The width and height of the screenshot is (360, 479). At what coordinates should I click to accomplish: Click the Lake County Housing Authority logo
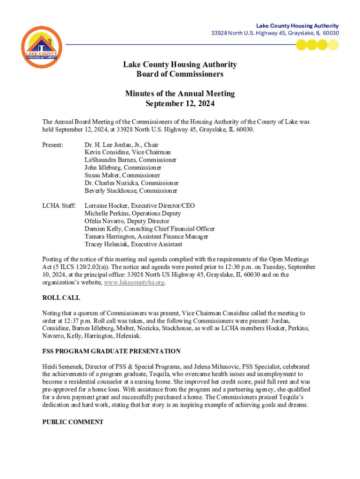(42, 47)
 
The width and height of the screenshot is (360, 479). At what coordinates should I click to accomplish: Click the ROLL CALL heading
(61, 298)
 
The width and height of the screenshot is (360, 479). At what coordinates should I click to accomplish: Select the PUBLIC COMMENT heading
(73, 422)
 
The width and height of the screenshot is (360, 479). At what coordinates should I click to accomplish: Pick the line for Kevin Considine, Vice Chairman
(128, 152)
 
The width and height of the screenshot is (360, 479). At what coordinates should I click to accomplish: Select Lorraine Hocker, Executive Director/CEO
(139, 206)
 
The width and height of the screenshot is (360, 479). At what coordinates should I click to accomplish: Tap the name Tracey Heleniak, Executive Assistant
(133, 244)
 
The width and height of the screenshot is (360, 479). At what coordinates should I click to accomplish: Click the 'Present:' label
(53, 145)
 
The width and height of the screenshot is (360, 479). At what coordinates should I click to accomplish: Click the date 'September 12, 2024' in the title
(180, 104)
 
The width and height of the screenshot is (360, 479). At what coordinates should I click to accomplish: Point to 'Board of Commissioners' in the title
(180, 74)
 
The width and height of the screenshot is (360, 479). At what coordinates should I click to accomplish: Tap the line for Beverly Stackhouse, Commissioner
(131, 191)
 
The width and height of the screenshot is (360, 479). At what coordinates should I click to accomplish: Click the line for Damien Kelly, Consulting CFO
(150, 229)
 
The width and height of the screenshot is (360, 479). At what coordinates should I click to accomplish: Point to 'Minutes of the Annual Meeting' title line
(180, 94)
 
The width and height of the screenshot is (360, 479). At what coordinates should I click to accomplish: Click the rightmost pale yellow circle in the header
(333, 45)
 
